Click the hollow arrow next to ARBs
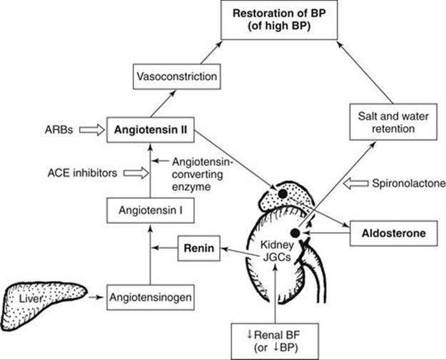click(89, 130)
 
